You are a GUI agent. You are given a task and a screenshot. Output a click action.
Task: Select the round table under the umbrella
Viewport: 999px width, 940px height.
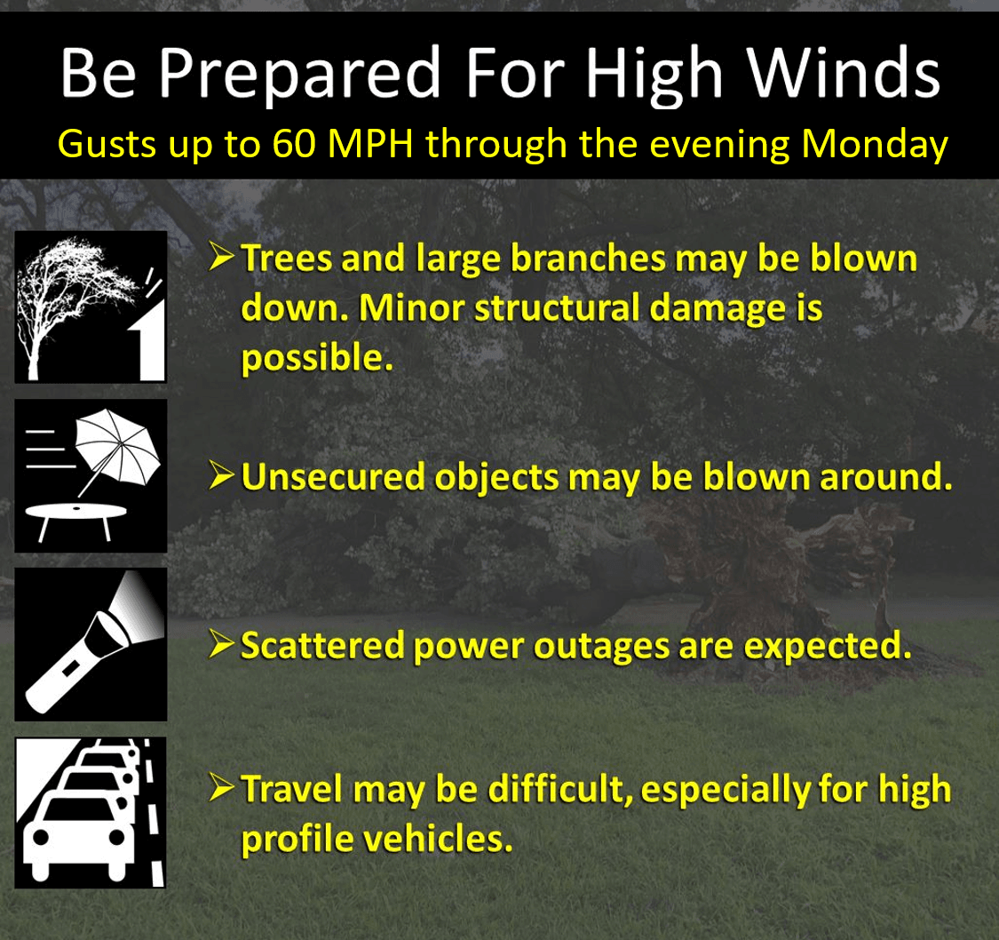pyautogui.click(x=76, y=515)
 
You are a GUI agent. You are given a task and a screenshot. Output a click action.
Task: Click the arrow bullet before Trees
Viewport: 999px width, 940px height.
pyautogui.click(x=222, y=259)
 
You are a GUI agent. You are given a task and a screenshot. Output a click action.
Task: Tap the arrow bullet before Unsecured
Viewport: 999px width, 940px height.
pyautogui.click(x=222, y=478)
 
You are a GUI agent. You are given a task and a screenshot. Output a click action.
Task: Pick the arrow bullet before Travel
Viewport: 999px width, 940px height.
pyautogui.click(x=222, y=788)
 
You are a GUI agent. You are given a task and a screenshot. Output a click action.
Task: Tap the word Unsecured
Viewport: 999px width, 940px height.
pyautogui.click(x=334, y=478)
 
